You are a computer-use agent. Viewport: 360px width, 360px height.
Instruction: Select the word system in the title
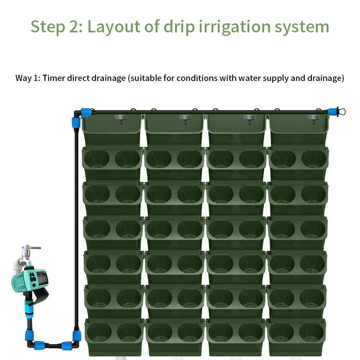coord(302,27)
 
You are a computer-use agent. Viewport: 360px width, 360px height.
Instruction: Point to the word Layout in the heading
coord(114,27)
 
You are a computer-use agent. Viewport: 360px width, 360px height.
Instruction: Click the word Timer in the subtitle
coord(54,78)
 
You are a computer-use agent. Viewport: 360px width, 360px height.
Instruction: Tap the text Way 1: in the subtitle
coord(28,78)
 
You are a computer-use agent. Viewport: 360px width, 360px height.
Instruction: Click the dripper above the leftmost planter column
coord(121,119)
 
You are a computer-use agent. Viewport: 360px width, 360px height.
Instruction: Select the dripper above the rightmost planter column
coord(314,119)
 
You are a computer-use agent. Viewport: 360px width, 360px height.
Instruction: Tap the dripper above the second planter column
coord(185,119)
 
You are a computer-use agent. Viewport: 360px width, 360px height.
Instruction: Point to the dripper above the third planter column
coord(250,119)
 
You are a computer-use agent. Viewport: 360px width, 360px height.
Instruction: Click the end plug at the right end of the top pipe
coord(341,112)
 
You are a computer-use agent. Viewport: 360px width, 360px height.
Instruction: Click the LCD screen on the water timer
coord(42,279)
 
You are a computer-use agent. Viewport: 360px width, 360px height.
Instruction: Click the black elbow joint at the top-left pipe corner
coord(77,114)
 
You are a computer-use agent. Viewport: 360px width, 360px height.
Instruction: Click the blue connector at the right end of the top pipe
coord(332,112)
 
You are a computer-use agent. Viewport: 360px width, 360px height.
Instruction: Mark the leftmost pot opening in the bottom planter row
coord(99,332)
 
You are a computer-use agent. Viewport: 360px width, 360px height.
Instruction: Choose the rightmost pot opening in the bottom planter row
coord(311,332)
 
